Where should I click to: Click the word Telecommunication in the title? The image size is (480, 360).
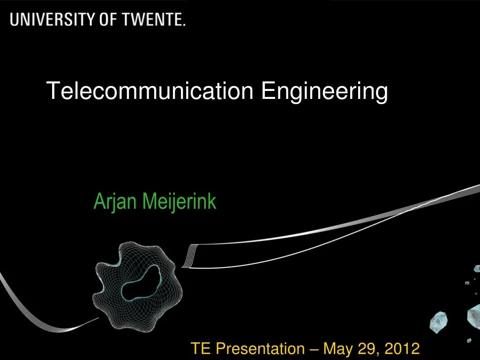pos(150,90)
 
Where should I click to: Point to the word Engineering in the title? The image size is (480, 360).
pos(324,91)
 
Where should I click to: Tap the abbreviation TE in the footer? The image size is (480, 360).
pos(199,349)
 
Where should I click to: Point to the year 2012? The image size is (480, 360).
pos(402,349)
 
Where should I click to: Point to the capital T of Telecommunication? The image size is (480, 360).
pos(52,90)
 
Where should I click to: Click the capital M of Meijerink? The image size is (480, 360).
pos(147,202)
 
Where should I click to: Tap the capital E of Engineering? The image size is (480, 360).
pos(267,90)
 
